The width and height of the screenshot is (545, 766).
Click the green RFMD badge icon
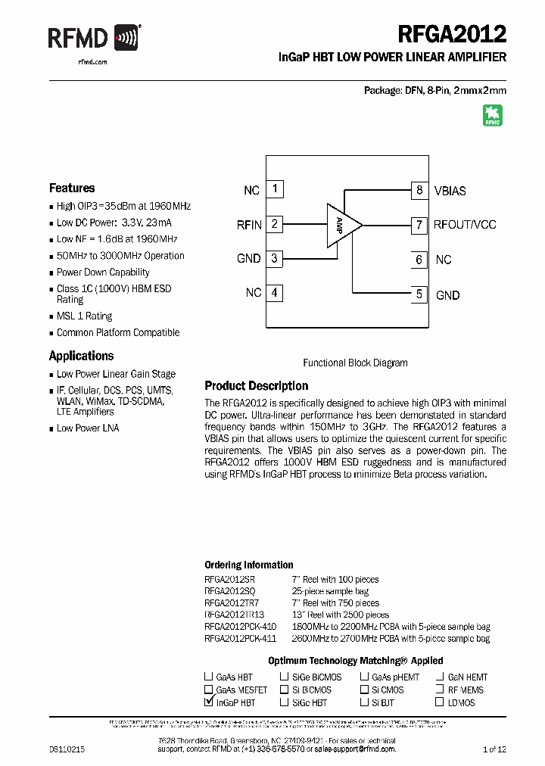click(493, 115)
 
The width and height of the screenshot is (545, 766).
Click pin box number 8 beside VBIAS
click(419, 190)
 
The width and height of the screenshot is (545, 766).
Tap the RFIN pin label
click(249, 225)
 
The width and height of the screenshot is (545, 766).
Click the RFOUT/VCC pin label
click(465, 225)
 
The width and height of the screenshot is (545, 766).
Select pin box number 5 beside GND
click(419, 294)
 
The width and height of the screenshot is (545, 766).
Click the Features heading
click(72, 188)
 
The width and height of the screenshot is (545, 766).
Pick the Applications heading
click(81, 356)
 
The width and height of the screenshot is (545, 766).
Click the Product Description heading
click(257, 386)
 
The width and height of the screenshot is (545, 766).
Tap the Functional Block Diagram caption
click(355, 363)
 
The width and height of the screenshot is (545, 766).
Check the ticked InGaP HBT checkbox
click(209, 702)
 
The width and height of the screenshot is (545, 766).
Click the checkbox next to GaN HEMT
click(440, 677)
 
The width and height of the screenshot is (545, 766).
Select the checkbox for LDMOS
click(440, 702)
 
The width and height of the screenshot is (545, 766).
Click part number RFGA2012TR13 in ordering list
click(235, 615)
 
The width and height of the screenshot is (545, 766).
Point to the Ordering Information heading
click(249, 565)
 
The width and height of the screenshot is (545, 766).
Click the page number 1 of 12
click(494, 749)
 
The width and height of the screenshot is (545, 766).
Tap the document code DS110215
click(67, 749)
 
